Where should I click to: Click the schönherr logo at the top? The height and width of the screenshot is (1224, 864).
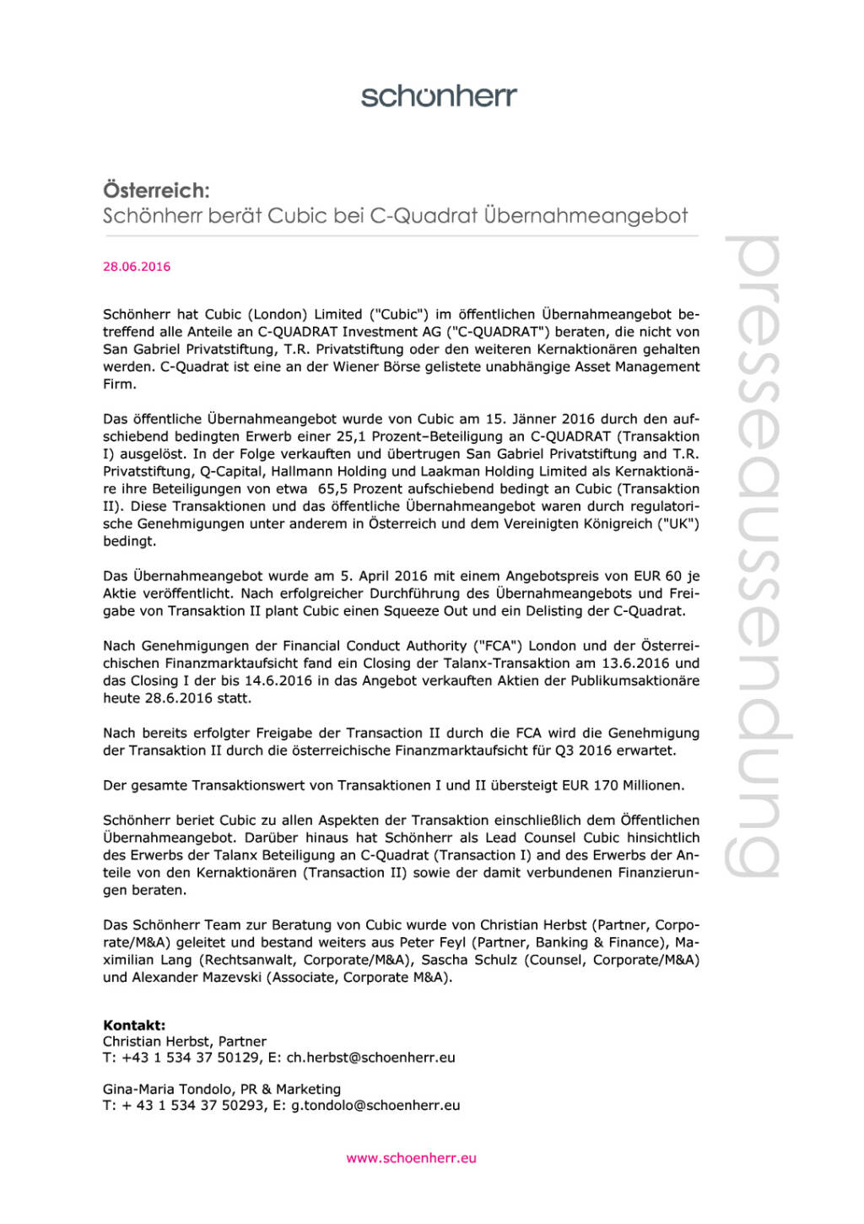coord(439,95)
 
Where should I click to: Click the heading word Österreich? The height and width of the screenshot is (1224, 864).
coord(156,190)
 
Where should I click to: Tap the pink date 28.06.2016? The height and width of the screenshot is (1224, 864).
coord(137,267)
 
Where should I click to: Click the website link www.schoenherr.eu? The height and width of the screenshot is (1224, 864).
coord(411,1158)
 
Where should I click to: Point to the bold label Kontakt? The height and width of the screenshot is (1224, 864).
coord(134,1025)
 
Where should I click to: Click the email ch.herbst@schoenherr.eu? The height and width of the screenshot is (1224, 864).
coord(370,1058)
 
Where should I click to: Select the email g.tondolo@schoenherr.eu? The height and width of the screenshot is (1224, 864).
coord(375,1106)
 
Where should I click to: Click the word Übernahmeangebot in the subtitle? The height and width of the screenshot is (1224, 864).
coord(586,215)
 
